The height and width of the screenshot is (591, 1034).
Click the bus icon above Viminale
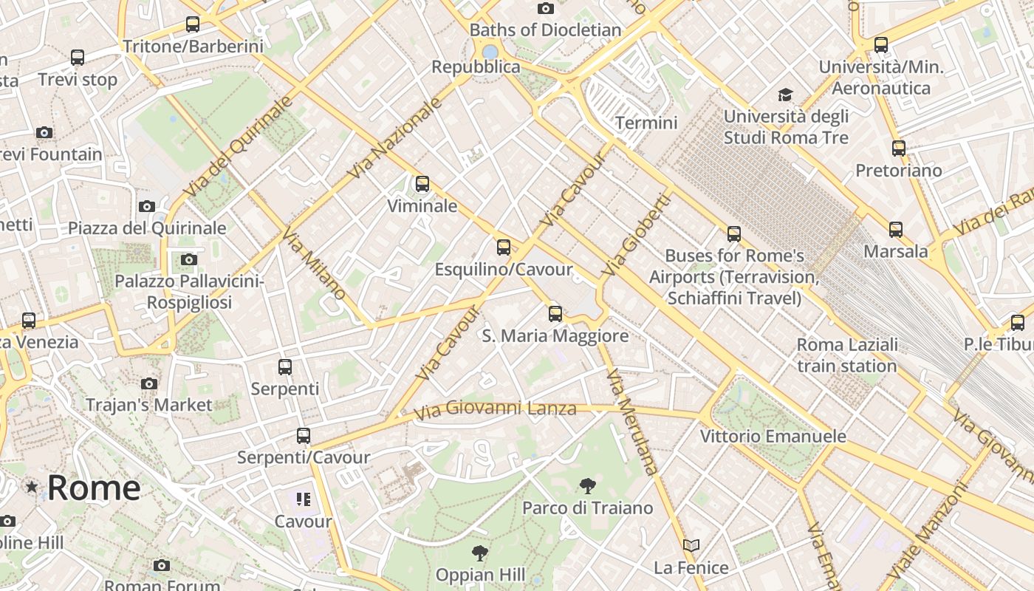click(x=422, y=184)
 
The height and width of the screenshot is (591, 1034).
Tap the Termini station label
click(x=646, y=123)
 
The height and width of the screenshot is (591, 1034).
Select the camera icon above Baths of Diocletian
click(x=546, y=8)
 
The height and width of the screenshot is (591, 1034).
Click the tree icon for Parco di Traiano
click(x=588, y=485)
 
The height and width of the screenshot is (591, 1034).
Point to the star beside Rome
click(x=32, y=487)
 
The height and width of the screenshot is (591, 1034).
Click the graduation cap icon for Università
click(x=785, y=95)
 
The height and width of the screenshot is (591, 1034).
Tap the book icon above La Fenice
click(x=691, y=545)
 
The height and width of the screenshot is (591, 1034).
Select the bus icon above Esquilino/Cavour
click(x=504, y=247)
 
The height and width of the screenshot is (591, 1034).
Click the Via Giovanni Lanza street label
click(x=495, y=409)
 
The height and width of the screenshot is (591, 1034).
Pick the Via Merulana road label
click(x=631, y=421)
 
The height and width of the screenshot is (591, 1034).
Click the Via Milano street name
click(x=314, y=264)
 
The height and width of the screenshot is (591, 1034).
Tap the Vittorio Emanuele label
click(x=773, y=436)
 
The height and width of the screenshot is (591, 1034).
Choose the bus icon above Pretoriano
click(x=899, y=148)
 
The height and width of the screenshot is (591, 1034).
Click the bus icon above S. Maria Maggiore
click(x=555, y=314)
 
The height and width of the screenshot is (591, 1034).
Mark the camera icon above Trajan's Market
click(x=149, y=383)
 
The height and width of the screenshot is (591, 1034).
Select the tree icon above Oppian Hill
click(x=480, y=553)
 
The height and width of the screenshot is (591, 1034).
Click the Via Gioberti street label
click(x=635, y=235)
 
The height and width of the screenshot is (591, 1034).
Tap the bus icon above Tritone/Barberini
click(x=193, y=24)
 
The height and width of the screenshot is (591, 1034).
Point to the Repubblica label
click(x=476, y=66)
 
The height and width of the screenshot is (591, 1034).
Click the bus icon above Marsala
click(x=896, y=230)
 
